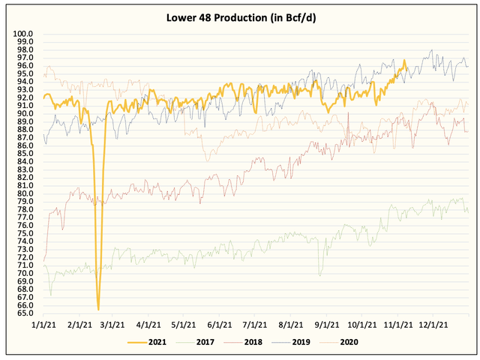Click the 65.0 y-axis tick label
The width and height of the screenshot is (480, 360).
pos(26,313)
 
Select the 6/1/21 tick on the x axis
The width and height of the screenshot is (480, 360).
pos(219,325)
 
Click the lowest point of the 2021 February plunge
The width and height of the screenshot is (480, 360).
pos(98,309)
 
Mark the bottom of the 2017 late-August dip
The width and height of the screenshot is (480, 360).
pos(321,274)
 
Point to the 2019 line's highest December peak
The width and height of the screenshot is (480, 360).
pos(431,50)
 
